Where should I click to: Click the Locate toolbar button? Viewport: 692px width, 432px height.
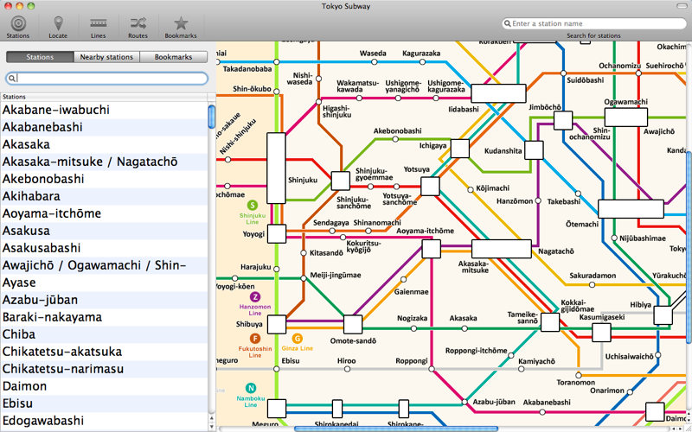(x=58, y=26)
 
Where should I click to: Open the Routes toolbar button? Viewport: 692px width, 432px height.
(x=138, y=26)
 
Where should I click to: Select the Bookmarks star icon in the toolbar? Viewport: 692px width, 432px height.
(x=181, y=24)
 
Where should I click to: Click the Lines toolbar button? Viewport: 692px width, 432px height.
(x=99, y=26)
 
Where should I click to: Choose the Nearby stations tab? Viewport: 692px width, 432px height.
(x=106, y=57)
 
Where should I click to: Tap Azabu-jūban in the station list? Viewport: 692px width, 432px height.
(x=40, y=300)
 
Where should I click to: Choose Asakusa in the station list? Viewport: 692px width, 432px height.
(x=26, y=231)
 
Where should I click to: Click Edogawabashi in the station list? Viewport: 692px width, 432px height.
(x=43, y=421)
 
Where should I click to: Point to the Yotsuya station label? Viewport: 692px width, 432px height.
(x=417, y=169)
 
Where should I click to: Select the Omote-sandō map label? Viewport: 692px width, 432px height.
(x=351, y=340)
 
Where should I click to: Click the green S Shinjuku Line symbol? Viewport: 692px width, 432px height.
(x=253, y=206)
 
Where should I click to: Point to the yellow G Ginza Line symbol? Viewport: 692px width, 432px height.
(x=298, y=339)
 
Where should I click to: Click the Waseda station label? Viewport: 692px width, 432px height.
(x=373, y=53)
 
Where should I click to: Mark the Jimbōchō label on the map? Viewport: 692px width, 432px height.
(x=546, y=107)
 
